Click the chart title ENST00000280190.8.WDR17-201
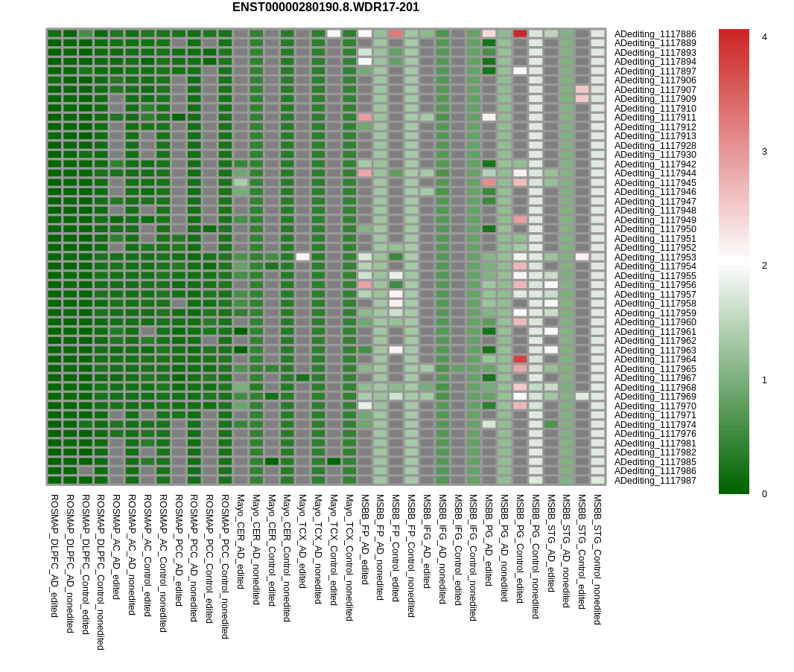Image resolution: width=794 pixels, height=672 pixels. [x=325, y=7]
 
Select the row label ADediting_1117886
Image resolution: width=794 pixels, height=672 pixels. [x=655, y=34]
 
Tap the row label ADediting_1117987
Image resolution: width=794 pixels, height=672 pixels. [x=655, y=481]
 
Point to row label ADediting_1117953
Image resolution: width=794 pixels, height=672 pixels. [x=655, y=257]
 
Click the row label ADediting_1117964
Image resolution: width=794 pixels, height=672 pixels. [x=655, y=359]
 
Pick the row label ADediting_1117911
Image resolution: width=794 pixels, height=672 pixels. [x=655, y=118]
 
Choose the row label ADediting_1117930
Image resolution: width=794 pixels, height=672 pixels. [x=655, y=155]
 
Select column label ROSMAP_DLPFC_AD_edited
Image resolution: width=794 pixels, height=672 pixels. [x=54, y=555]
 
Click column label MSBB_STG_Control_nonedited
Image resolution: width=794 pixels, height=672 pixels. [x=597, y=559]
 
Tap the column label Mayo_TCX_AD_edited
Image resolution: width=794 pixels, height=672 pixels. [x=302, y=541]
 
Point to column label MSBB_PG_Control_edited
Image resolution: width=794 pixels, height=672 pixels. [x=520, y=548]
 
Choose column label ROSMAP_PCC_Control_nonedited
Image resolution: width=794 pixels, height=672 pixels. [x=225, y=566]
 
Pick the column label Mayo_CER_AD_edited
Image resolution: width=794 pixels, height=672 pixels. [x=241, y=542]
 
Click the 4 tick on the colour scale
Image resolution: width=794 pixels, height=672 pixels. [x=763, y=37]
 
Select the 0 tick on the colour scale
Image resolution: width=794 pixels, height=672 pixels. [x=763, y=493]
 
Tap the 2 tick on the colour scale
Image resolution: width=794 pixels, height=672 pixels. [x=763, y=266]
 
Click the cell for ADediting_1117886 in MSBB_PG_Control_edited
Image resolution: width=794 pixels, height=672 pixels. [x=520, y=33]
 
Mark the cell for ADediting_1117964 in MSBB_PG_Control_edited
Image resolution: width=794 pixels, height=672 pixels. [x=520, y=359]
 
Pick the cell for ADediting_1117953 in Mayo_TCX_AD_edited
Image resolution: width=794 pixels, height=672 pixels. [x=302, y=257]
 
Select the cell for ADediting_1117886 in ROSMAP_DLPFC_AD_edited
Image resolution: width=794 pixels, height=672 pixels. [x=54, y=33]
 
